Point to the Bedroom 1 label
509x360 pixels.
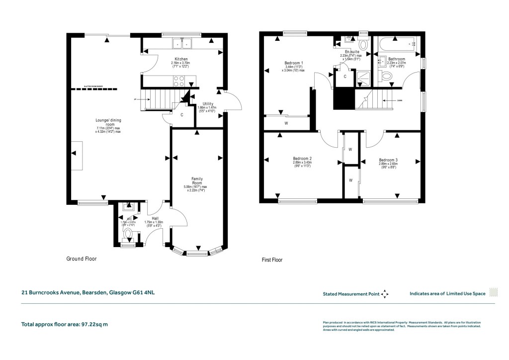(x=293, y=63)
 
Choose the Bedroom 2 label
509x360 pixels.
(x=303, y=159)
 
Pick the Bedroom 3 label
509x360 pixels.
(x=388, y=160)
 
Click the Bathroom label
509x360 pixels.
(x=396, y=59)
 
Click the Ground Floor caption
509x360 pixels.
(x=82, y=259)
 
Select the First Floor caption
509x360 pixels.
(x=272, y=260)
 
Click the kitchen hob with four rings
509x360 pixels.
(x=179, y=80)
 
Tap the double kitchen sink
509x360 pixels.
(x=182, y=44)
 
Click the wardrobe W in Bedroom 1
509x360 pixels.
(x=286, y=123)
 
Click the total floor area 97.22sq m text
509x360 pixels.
(x=64, y=324)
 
